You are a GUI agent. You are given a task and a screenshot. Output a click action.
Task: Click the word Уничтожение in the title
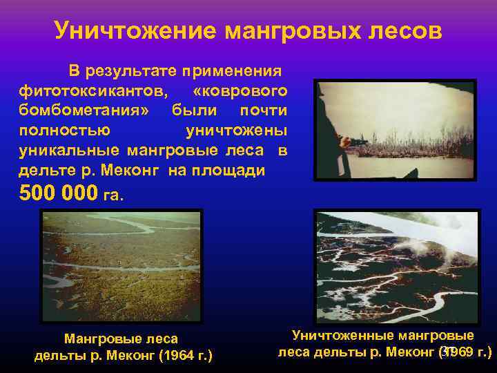click(x=134, y=30)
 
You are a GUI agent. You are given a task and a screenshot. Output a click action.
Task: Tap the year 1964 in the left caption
click(x=175, y=356)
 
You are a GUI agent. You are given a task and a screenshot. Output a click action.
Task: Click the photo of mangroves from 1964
click(x=121, y=266)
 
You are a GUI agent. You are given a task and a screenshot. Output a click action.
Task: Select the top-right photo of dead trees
click(x=395, y=130)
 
